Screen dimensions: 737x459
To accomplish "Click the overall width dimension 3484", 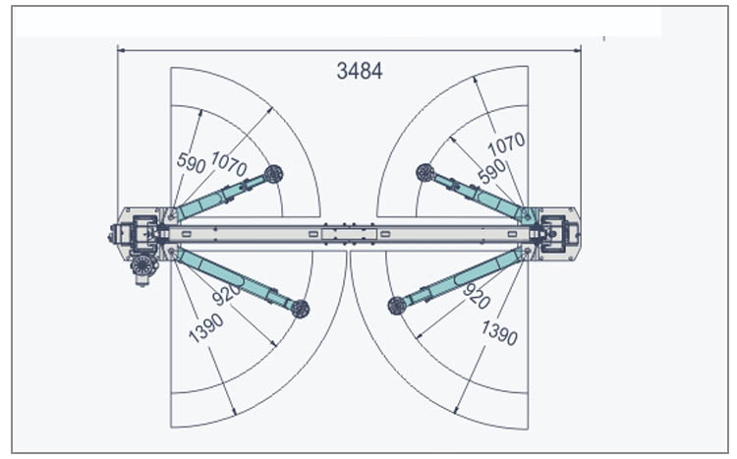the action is pyautogui.click(x=360, y=71).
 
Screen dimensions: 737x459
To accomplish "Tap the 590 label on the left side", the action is pyautogui.click(x=192, y=162).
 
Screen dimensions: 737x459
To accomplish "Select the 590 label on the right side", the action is pyautogui.click(x=491, y=172).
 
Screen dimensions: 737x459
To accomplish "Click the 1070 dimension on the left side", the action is pyautogui.click(x=229, y=164).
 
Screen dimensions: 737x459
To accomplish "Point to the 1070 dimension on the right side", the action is pyautogui.click(x=506, y=143).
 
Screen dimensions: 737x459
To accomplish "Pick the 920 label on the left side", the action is pyautogui.click(x=226, y=295).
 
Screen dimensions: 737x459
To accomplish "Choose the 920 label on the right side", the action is pyautogui.click(x=477, y=295).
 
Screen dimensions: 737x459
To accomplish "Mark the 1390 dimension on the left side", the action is pyautogui.click(x=206, y=328).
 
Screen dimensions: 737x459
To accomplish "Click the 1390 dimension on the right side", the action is pyautogui.click(x=499, y=332).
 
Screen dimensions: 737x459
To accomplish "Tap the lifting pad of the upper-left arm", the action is pyautogui.click(x=273, y=175).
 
